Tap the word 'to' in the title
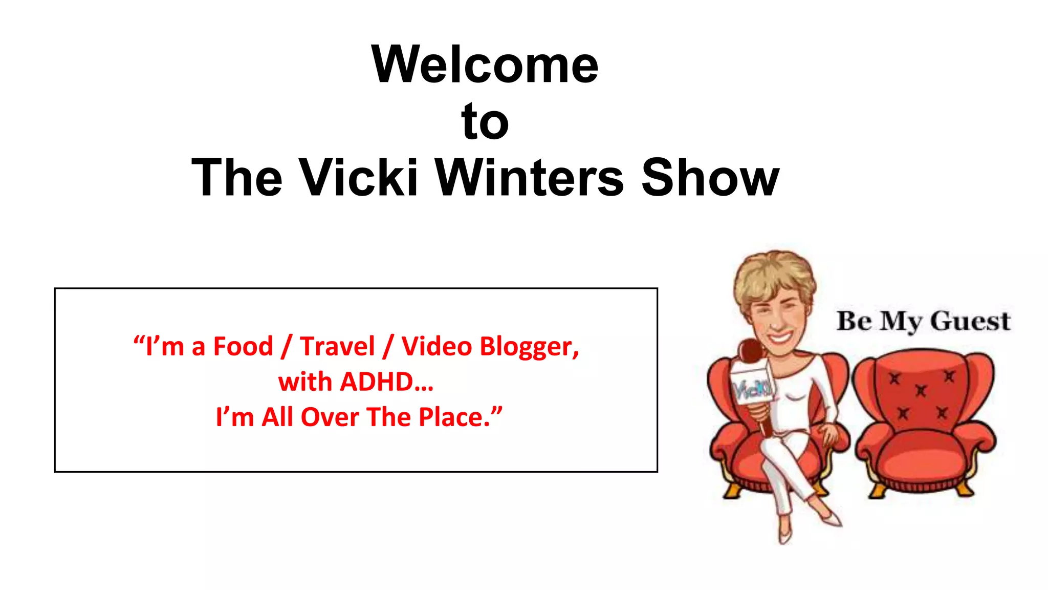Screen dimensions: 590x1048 (485, 121)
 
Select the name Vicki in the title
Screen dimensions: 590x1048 (358, 177)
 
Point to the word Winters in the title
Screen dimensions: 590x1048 (529, 177)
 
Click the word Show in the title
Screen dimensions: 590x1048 (710, 177)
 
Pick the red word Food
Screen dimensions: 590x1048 (243, 347)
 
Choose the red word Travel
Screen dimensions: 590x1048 (337, 347)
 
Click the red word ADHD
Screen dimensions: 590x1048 (376, 382)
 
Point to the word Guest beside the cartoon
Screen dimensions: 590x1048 (970, 322)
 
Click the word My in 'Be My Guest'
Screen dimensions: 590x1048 (901, 322)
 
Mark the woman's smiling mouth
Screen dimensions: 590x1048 (779, 338)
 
